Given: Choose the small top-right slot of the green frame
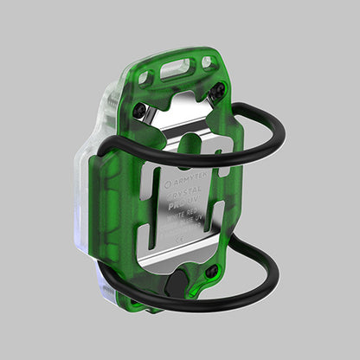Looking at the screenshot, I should point(207,62).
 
